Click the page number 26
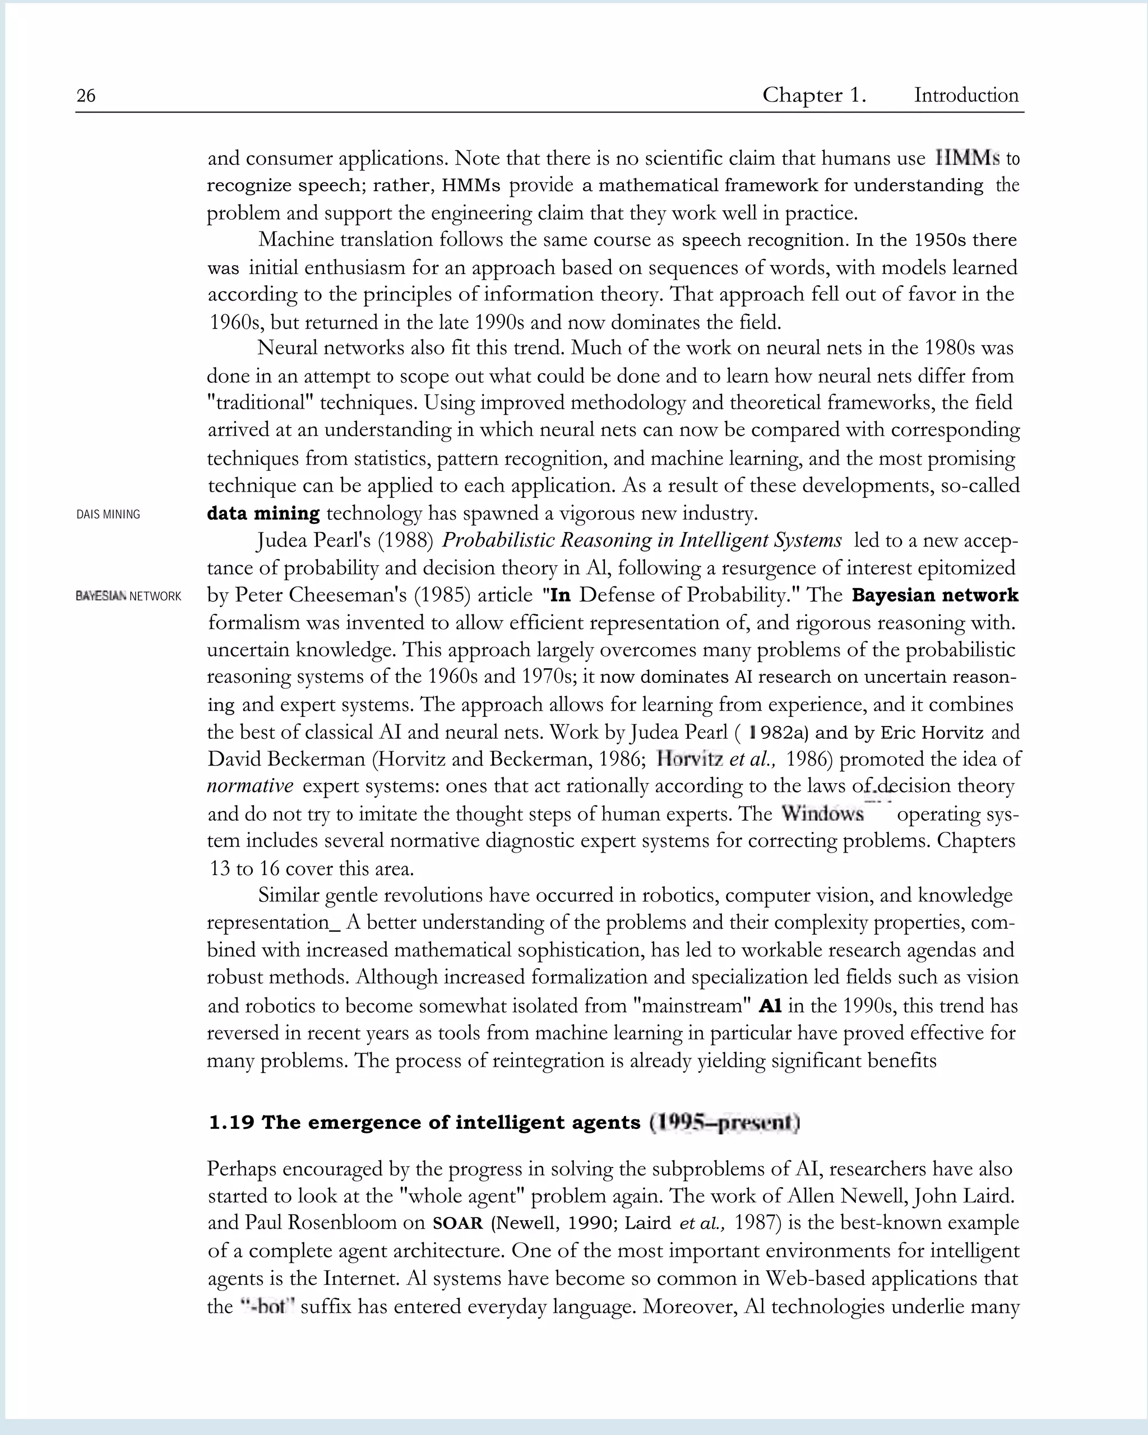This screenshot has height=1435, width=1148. point(86,96)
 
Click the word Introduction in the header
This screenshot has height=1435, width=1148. point(966,95)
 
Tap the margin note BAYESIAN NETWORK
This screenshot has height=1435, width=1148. point(128,596)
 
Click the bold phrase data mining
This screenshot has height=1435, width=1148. point(263,514)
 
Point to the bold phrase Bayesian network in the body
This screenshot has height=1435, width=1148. point(934,595)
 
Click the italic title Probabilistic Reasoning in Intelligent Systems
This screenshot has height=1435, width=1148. point(642,540)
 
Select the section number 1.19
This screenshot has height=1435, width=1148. point(231,1123)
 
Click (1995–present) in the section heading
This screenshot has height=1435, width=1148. point(724,1123)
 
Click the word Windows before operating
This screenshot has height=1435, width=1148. point(822,813)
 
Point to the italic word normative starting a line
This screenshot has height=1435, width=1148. point(249,786)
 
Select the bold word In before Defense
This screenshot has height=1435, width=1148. point(559,595)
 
